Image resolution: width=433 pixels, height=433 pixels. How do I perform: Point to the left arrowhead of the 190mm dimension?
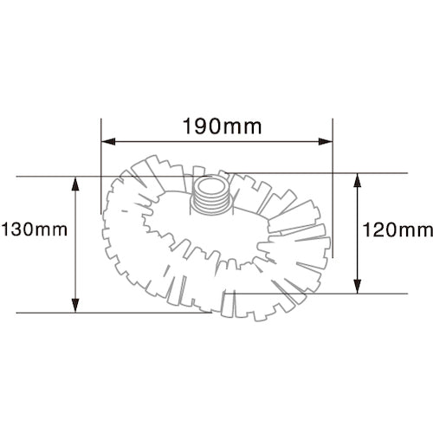click(x=107, y=142)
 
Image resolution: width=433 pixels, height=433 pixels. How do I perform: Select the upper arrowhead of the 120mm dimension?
click(x=357, y=178)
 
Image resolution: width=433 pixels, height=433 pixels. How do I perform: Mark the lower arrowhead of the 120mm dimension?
click(x=357, y=288)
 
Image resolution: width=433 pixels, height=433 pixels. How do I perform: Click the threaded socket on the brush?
click(x=211, y=194)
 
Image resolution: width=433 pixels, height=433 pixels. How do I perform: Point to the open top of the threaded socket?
click(x=211, y=183)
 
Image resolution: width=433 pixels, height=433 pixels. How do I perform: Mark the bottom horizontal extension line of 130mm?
click(x=113, y=312)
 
